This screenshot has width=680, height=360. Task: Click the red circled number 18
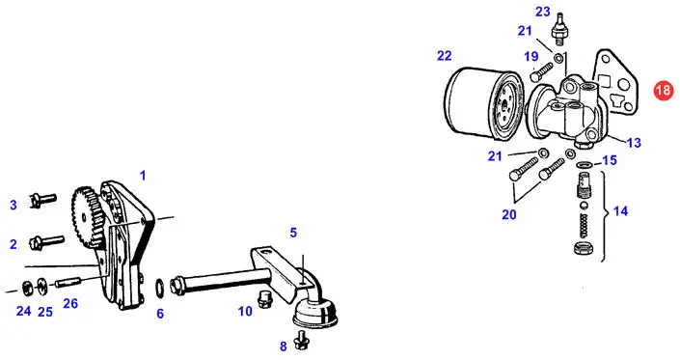point(664,90)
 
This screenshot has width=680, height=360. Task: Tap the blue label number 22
point(445,56)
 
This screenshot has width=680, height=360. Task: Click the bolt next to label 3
point(42,200)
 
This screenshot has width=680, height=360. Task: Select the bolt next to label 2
point(46,241)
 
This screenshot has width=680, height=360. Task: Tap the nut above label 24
point(26,287)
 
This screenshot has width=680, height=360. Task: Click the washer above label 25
point(42,285)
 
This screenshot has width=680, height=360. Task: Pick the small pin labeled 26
point(68,282)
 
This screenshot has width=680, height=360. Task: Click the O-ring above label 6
point(159,287)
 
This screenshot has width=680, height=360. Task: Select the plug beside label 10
point(262,299)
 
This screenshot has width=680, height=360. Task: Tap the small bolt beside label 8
point(299,340)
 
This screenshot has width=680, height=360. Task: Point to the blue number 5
point(293,233)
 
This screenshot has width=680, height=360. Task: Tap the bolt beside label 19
point(541,71)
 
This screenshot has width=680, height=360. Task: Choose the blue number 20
point(509,214)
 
